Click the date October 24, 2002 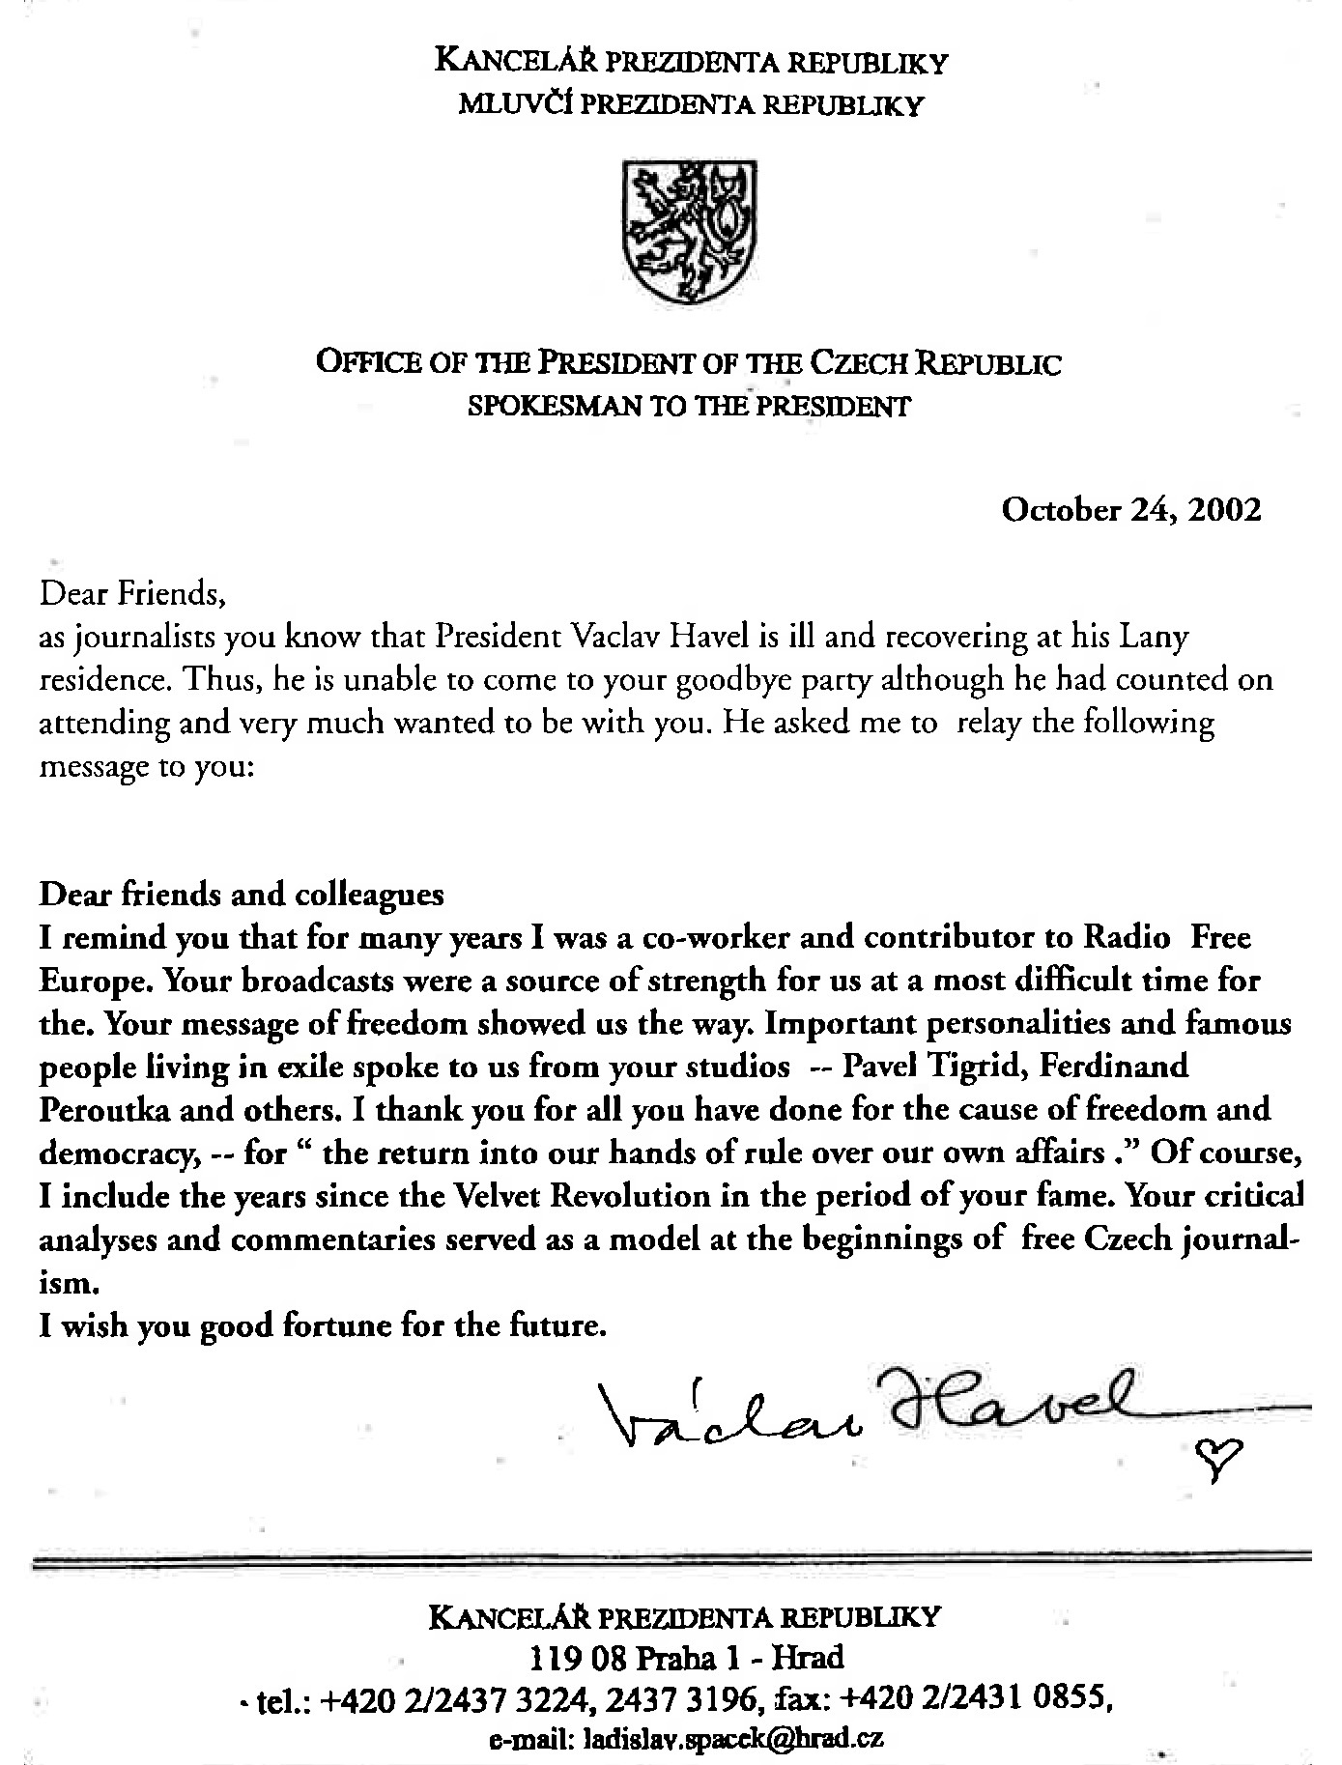[1131, 509]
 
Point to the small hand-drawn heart [1214, 1450]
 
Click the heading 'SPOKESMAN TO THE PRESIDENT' [688, 407]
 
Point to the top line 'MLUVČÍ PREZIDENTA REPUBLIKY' [691, 105]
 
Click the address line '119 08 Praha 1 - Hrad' [687, 1658]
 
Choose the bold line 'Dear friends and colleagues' [242, 894]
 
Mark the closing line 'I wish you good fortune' [323, 1324]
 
